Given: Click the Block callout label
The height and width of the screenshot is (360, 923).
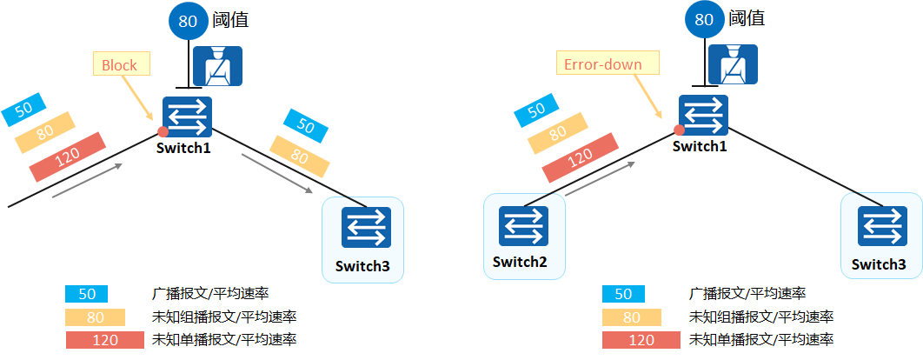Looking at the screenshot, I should coord(120,65).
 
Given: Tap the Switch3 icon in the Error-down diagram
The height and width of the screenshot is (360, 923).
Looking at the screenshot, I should coord(882,227).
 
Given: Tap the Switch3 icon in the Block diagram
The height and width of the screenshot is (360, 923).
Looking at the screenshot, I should coord(366,228).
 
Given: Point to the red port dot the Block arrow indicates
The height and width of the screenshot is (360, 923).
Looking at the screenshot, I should coord(163,132).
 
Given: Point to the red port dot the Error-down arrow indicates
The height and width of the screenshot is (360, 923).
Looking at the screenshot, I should coord(679,130).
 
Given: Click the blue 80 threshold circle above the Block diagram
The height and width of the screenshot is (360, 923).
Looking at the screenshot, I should coord(189,22).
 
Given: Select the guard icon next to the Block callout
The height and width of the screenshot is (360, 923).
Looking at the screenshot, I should coord(217,68).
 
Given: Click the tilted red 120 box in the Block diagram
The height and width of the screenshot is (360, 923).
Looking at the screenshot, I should coord(67,157).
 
